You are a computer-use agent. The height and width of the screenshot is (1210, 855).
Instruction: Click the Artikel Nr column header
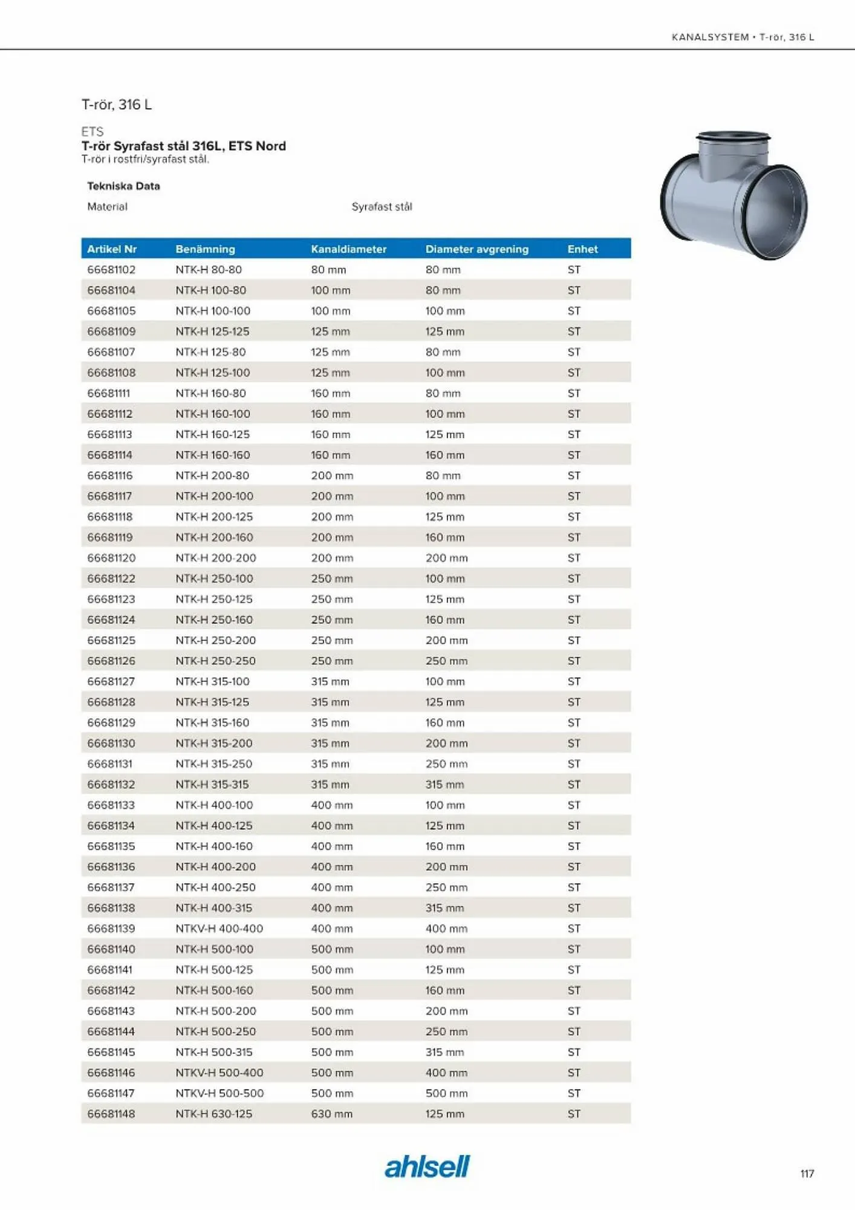pos(112,249)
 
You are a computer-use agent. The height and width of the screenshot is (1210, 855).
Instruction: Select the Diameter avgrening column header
pos(476,249)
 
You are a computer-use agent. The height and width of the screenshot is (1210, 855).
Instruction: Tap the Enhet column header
pos(582,249)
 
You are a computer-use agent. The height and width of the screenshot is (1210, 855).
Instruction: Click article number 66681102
pos(111,269)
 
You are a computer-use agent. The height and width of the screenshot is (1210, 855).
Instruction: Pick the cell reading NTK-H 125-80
pos(210,352)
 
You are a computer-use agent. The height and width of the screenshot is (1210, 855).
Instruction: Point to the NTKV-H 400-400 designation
pos(219,928)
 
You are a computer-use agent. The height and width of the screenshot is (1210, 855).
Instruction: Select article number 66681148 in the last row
pos(111,1113)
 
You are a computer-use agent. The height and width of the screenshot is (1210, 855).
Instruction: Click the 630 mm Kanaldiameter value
pos(331,1113)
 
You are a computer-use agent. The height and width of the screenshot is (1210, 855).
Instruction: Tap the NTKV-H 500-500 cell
pos(219,1093)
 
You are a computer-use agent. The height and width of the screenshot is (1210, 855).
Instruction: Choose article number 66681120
pos(111,557)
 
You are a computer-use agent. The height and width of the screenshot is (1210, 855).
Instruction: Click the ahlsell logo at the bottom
pos(427,1166)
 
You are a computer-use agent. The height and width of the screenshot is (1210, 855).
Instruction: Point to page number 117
pos(807,1173)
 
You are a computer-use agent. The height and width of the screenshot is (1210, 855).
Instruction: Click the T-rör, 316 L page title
pos(117,104)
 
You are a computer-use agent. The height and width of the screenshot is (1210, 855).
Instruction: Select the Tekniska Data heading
pos(123,186)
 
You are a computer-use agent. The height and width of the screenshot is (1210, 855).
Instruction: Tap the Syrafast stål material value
pos(382,206)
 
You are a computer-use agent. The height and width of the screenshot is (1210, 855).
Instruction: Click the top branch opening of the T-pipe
pos(733,136)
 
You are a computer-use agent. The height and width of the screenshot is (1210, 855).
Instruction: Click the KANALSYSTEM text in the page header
pos(710,37)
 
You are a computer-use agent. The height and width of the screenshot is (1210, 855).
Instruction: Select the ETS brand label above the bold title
pos(93,131)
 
